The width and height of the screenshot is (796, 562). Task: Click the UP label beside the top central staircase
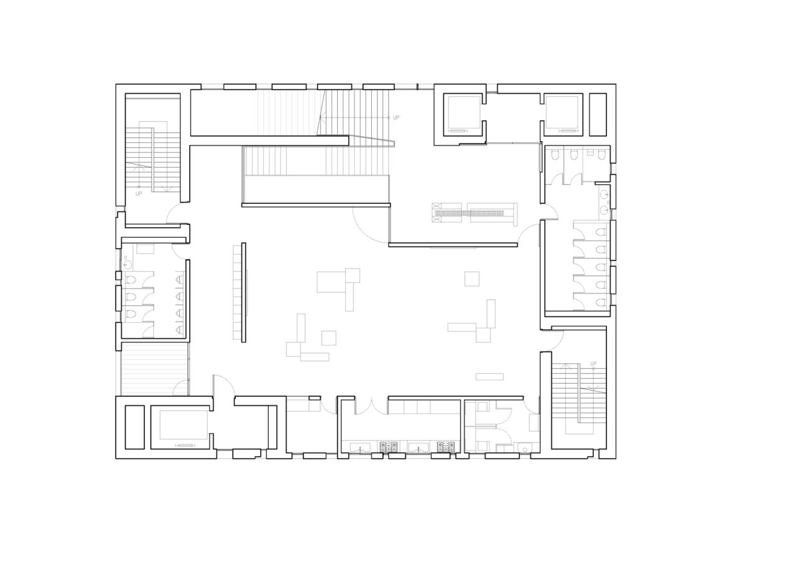tap(396, 117)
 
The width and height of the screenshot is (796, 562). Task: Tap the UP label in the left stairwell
tap(139, 193)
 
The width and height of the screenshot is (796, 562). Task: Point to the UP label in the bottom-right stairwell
tap(593, 364)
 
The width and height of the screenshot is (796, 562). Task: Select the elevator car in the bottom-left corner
tap(183, 425)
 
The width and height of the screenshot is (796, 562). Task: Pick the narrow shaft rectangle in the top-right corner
tap(598, 114)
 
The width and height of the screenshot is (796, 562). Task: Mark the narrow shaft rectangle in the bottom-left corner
tap(134, 427)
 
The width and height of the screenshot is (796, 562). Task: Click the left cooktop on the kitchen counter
tap(389, 446)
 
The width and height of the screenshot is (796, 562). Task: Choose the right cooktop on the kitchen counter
tap(446, 446)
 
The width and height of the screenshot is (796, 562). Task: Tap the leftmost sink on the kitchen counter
tap(360, 447)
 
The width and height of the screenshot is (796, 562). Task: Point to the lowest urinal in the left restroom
tap(180, 329)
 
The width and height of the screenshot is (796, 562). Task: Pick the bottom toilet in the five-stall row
tap(600, 303)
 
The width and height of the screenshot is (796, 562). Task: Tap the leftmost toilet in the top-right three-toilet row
tap(555, 155)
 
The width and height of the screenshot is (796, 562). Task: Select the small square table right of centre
tap(472, 279)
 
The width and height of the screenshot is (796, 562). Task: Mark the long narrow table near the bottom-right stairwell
tap(489, 376)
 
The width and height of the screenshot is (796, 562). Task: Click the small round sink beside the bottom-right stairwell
tap(525, 449)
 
